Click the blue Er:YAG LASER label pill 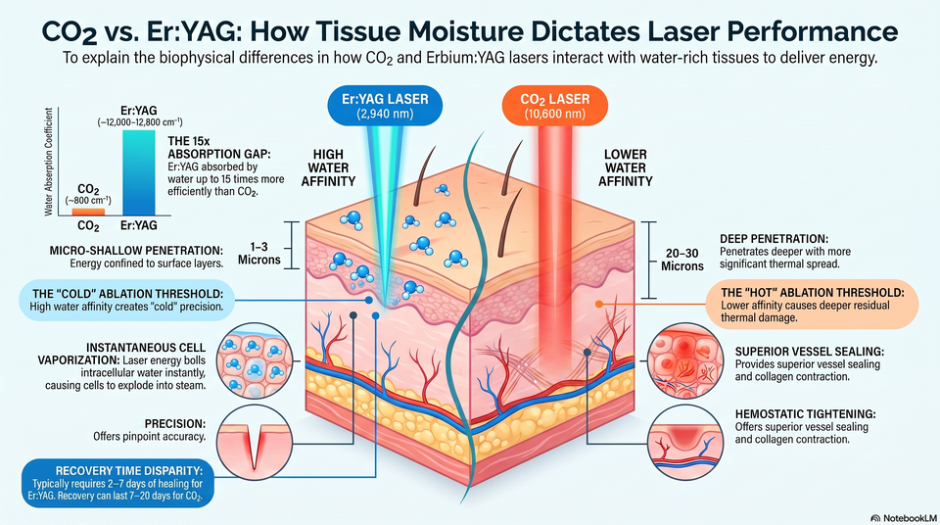pos(385,106)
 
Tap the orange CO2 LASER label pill pos(554,106)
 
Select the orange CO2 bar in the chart pos(88,212)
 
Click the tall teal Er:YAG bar pos(138,172)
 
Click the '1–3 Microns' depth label pos(259,254)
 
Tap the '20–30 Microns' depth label pos(682,260)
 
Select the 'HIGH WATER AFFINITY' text pos(328,168)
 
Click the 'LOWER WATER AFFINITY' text pos(626,168)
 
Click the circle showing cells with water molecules pos(255,361)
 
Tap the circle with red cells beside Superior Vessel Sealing pos(686,361)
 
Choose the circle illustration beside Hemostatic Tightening pos(686,442)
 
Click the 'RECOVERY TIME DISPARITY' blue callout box pos(117,483)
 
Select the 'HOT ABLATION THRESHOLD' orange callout pos(812,305)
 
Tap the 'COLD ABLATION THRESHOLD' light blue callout pos(126,300)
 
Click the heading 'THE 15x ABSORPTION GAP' pos(219,148)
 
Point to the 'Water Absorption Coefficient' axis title pos(49,162)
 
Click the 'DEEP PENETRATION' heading pos(774,239)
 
